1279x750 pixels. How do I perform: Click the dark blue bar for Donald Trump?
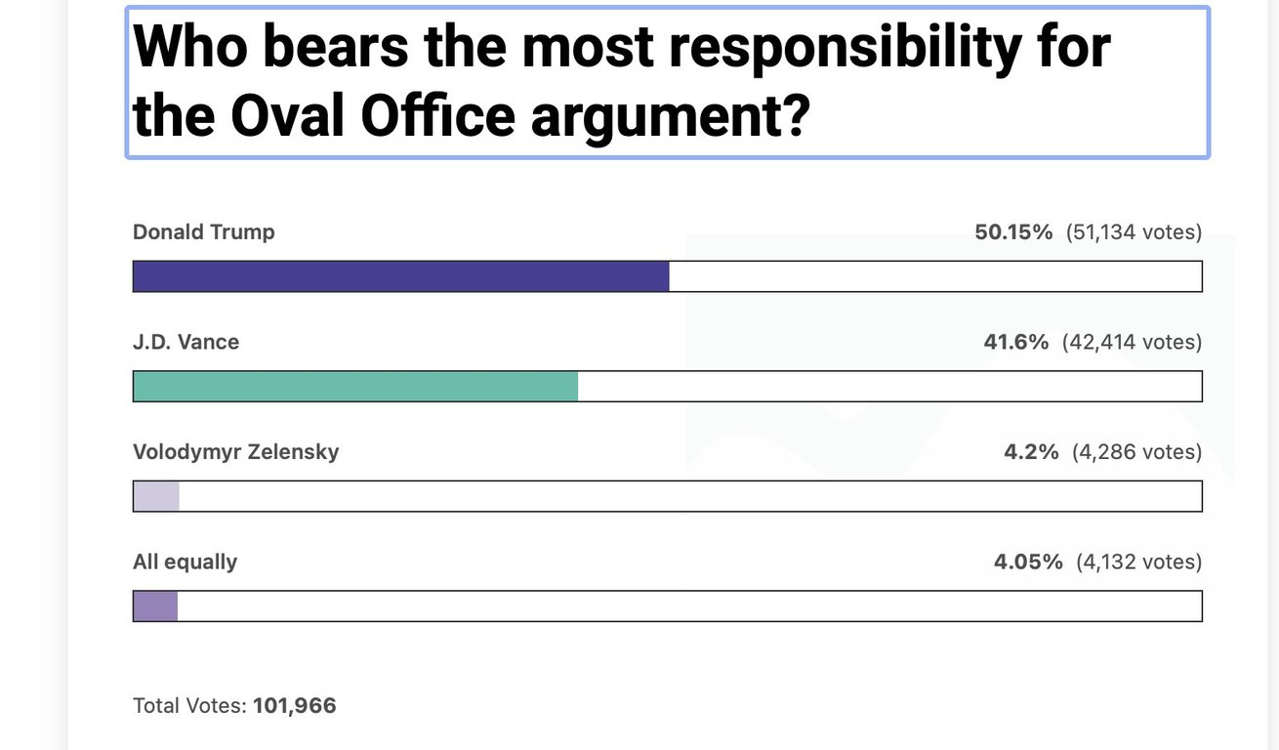[x=400, y=276]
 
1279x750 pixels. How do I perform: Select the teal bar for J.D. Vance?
[x=355, y=386]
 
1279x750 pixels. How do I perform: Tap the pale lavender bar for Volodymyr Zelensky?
[x=156, y=496]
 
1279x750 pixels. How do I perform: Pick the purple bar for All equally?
[x=155, y=605]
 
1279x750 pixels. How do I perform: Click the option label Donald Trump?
[x=204, y=232]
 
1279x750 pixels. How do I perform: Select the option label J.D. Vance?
[x=186, y=342]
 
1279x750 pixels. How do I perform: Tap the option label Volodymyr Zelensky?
[x=236, y=452]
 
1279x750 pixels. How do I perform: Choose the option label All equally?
[x=185, y=562]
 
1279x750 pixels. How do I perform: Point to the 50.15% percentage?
[x=1013, y=232]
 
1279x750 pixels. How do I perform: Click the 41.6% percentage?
[x=1016, y=342]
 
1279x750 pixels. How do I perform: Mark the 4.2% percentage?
[x=1031, y=452]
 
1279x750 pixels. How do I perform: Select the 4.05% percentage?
[x=1027, y=562]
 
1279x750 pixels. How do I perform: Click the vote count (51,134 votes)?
[x=1134, y=232]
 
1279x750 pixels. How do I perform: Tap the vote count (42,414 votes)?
[x=1132, y=342]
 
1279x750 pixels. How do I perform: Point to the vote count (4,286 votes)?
[x=1136, y=452]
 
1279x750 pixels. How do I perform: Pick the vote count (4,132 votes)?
[x=1138, y=562]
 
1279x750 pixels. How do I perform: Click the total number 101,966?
[x=294, y=705]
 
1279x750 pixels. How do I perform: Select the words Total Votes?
[x=188, y=705]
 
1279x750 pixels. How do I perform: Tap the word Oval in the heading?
[x=288, y=116]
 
